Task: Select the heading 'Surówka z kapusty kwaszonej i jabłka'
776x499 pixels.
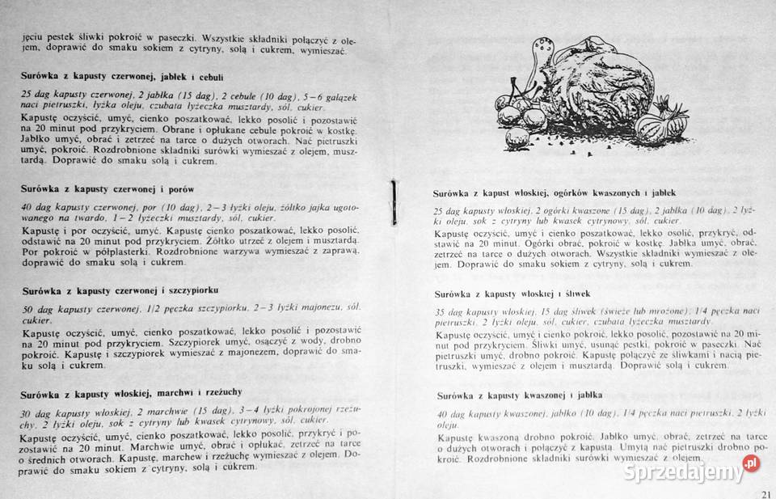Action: pyautogui.click(x=520, y=395)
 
